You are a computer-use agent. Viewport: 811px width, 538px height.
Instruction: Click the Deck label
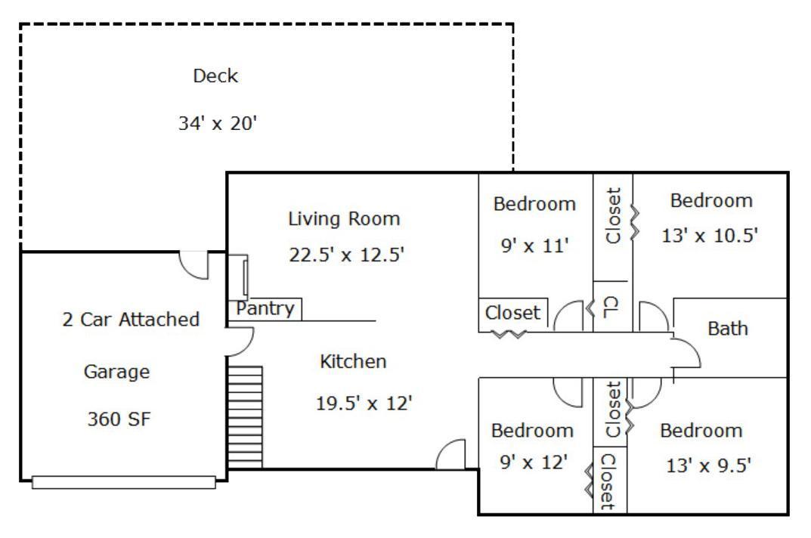click(215, 76)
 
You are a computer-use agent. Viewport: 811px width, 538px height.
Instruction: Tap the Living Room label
click(343, 219)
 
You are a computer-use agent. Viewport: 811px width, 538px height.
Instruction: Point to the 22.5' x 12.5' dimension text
click(348, 255)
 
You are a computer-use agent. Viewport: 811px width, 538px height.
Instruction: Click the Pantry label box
click(265, 309)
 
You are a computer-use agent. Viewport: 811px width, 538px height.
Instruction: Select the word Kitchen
click(353, 362)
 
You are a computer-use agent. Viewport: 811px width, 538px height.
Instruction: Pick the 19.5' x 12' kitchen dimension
click(364, 403)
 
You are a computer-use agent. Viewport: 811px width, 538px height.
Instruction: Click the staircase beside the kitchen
click(245, 416)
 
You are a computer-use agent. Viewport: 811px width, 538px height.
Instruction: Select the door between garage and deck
click(192, 264)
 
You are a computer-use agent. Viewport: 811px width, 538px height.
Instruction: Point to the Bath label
click(727, 329)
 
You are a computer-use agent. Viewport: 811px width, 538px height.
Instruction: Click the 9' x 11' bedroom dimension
click(534, 246)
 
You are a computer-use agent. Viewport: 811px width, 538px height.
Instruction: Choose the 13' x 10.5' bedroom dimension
click(711, 236)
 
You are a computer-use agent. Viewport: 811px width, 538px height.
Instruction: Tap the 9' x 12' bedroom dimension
click(534, 462)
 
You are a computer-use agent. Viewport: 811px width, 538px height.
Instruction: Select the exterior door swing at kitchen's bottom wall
click(451, 455)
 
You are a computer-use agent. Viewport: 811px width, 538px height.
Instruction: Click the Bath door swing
click(686, 354)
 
